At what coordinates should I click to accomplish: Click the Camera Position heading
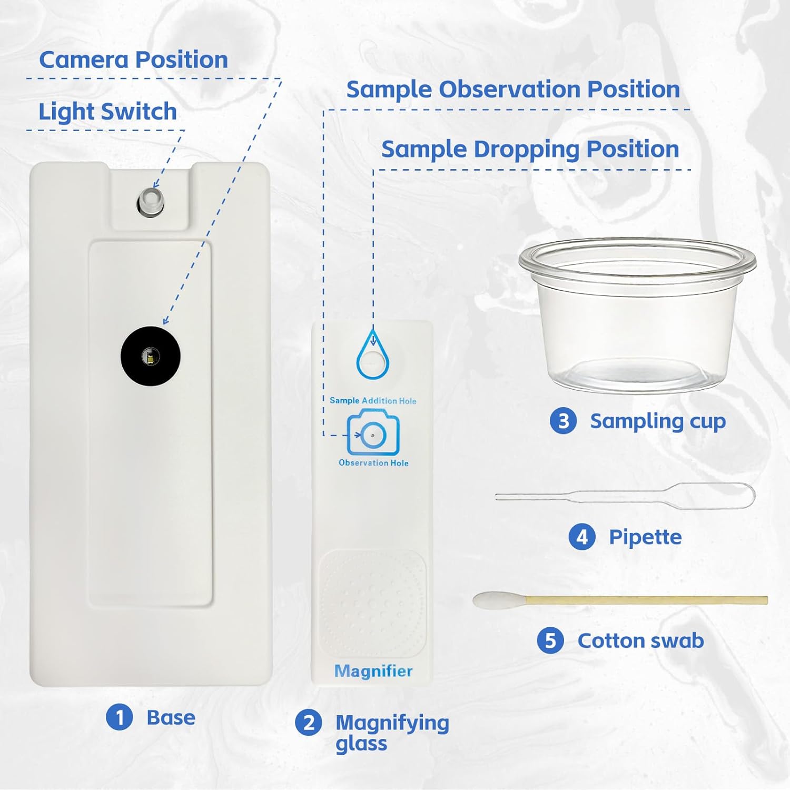point(133,60)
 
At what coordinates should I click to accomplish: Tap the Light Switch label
point(107,112)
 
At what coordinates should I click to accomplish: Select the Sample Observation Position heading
point(512,90)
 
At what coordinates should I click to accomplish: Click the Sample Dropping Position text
point(530,150)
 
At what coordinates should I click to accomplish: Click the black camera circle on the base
point(151,356)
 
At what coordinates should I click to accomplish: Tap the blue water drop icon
point(373,355)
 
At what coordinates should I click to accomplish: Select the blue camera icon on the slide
point(373,433)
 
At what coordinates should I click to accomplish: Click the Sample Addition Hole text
point(373,401)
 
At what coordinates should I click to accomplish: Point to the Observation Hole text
point(373,463)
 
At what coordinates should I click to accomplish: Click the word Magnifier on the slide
point(373,671)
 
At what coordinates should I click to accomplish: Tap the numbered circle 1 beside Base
point(120,717)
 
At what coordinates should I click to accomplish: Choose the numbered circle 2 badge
point(309,723)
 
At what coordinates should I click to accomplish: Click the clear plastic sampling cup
point(637,316)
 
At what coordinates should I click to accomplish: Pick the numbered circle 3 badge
point(563,421)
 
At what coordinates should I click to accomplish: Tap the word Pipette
point(645,537)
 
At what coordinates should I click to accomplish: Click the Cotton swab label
point(640,641)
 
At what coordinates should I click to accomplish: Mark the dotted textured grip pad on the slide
point(372,603)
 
